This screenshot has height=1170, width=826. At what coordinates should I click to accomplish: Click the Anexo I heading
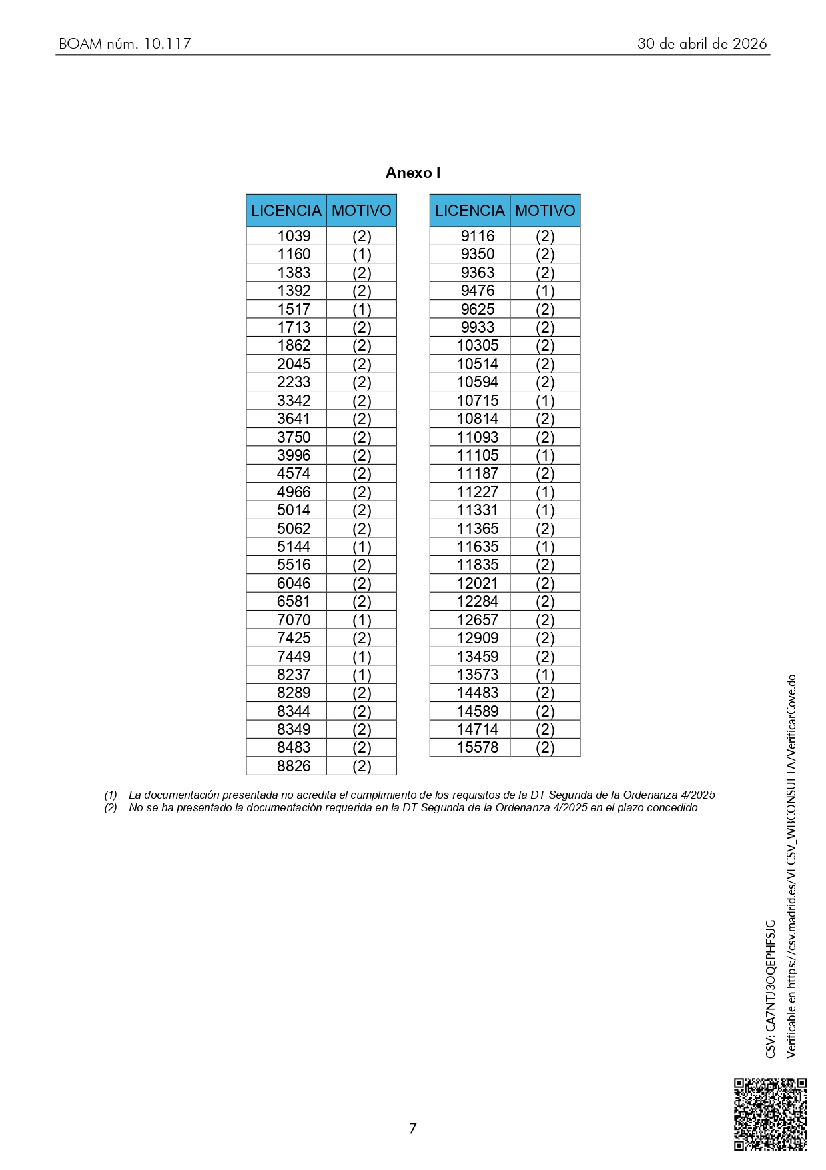(x=413, y=173)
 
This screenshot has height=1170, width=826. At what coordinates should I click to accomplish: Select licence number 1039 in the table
(x=294, y=236)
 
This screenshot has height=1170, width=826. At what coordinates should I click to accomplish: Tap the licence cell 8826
(x=294, y=766)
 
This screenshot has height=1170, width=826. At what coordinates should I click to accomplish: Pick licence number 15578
(x=478, y=747)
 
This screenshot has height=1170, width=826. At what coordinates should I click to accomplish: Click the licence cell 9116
(x=478, y=236)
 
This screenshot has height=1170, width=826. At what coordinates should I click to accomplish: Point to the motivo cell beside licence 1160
(x=362, y=254)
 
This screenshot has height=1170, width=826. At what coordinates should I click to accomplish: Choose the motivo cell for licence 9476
(x=545, y=291)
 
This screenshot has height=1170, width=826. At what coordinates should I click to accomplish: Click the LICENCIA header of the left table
(x=286, y=211)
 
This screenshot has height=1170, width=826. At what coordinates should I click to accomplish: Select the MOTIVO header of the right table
(x=545, y=211)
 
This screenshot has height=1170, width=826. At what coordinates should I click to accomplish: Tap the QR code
(x=770, y=1114)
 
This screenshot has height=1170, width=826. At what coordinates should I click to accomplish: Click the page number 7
(x=413, y=1128)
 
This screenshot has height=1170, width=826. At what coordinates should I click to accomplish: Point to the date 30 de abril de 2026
(x=702, y=44)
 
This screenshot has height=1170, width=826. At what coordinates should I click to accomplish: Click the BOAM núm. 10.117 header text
(x=125, y=44)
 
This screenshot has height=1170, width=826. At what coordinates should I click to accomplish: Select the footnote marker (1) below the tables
(x=111, y=795)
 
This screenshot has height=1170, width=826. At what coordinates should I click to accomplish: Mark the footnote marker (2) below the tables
(x=111, y=807)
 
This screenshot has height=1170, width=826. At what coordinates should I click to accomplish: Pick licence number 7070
(x=294, y=619)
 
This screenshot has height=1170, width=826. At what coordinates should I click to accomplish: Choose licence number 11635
(x=478, y=547)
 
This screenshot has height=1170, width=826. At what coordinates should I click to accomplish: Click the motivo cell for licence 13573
(x=545, y=675)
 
